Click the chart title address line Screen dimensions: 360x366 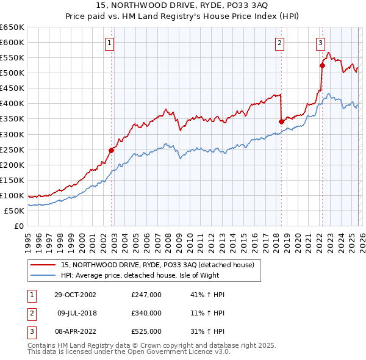point(182,5)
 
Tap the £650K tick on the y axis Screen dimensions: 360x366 point(12,27)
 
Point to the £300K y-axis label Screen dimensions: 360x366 point(12,134)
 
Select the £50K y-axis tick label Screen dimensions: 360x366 point(15,211)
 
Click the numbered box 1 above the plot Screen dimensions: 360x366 point(109,43)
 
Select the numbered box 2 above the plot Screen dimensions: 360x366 point(279,43)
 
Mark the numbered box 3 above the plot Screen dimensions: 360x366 point(320,43)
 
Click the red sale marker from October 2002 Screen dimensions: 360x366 point(112,150)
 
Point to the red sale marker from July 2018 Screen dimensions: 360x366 point(281,121)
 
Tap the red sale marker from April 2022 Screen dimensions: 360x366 point(321,65)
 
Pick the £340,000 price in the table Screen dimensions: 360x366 point(146,313)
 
